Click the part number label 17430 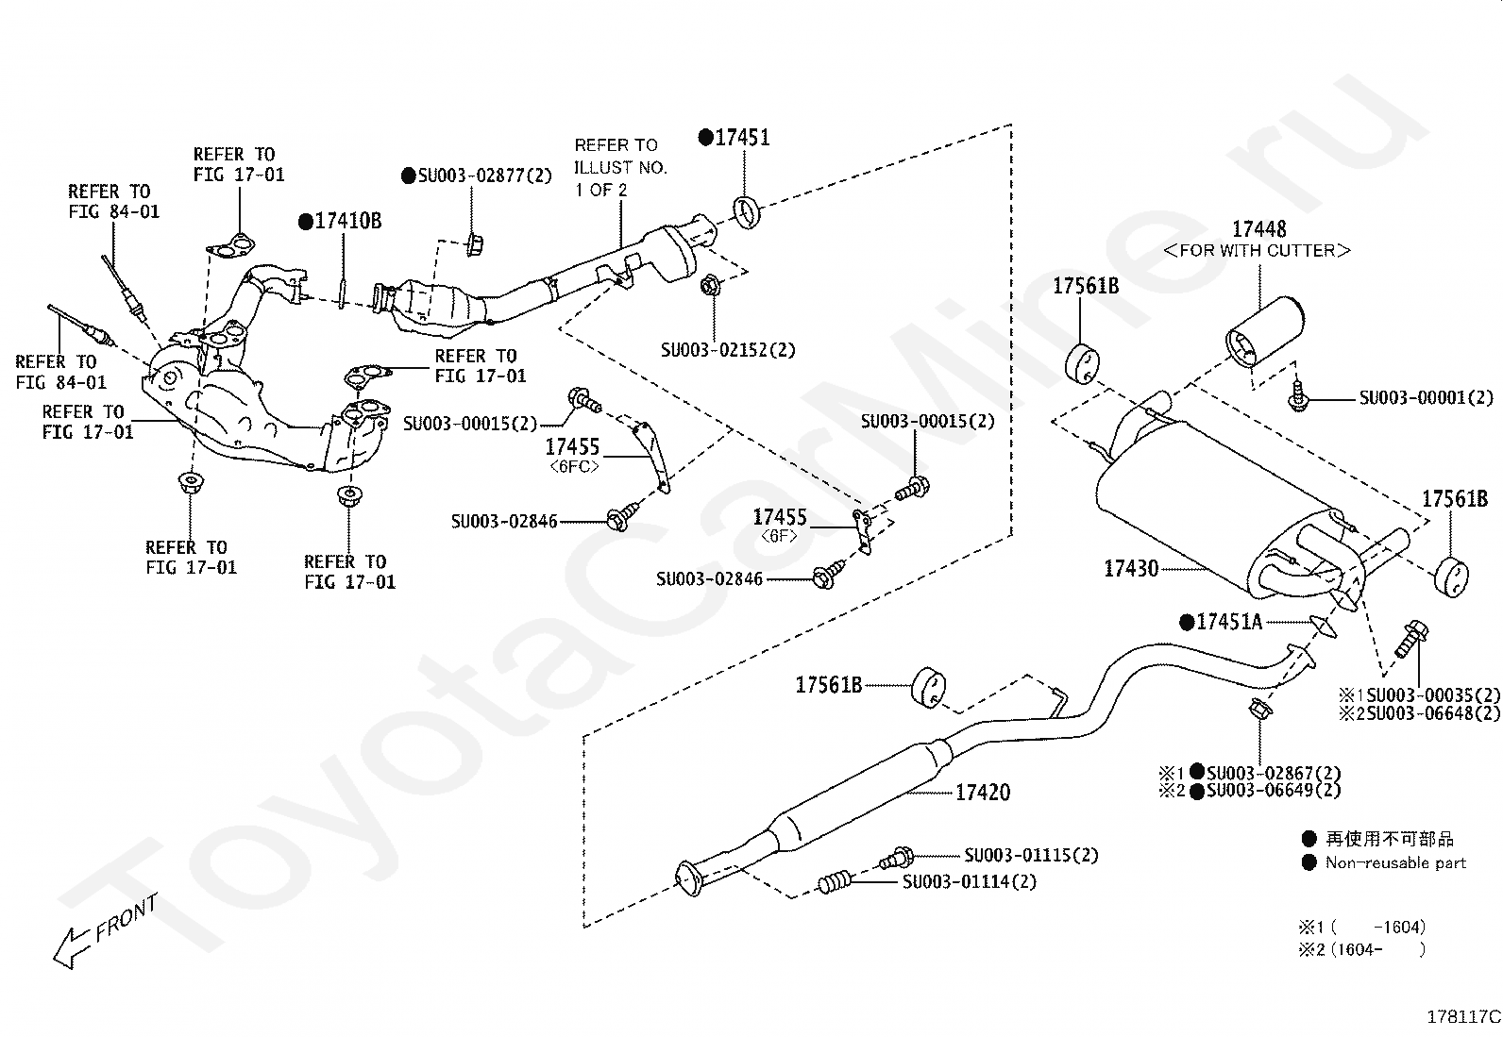1131,569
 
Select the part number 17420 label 982,793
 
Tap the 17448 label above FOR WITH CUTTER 1258,229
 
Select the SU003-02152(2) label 728,350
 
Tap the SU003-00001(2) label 1427,398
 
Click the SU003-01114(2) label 970,881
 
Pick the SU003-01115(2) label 1031,855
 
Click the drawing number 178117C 1463,1017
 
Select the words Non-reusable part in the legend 1395,863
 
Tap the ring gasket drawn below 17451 746,212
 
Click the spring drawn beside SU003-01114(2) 836,883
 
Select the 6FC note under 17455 574,466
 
